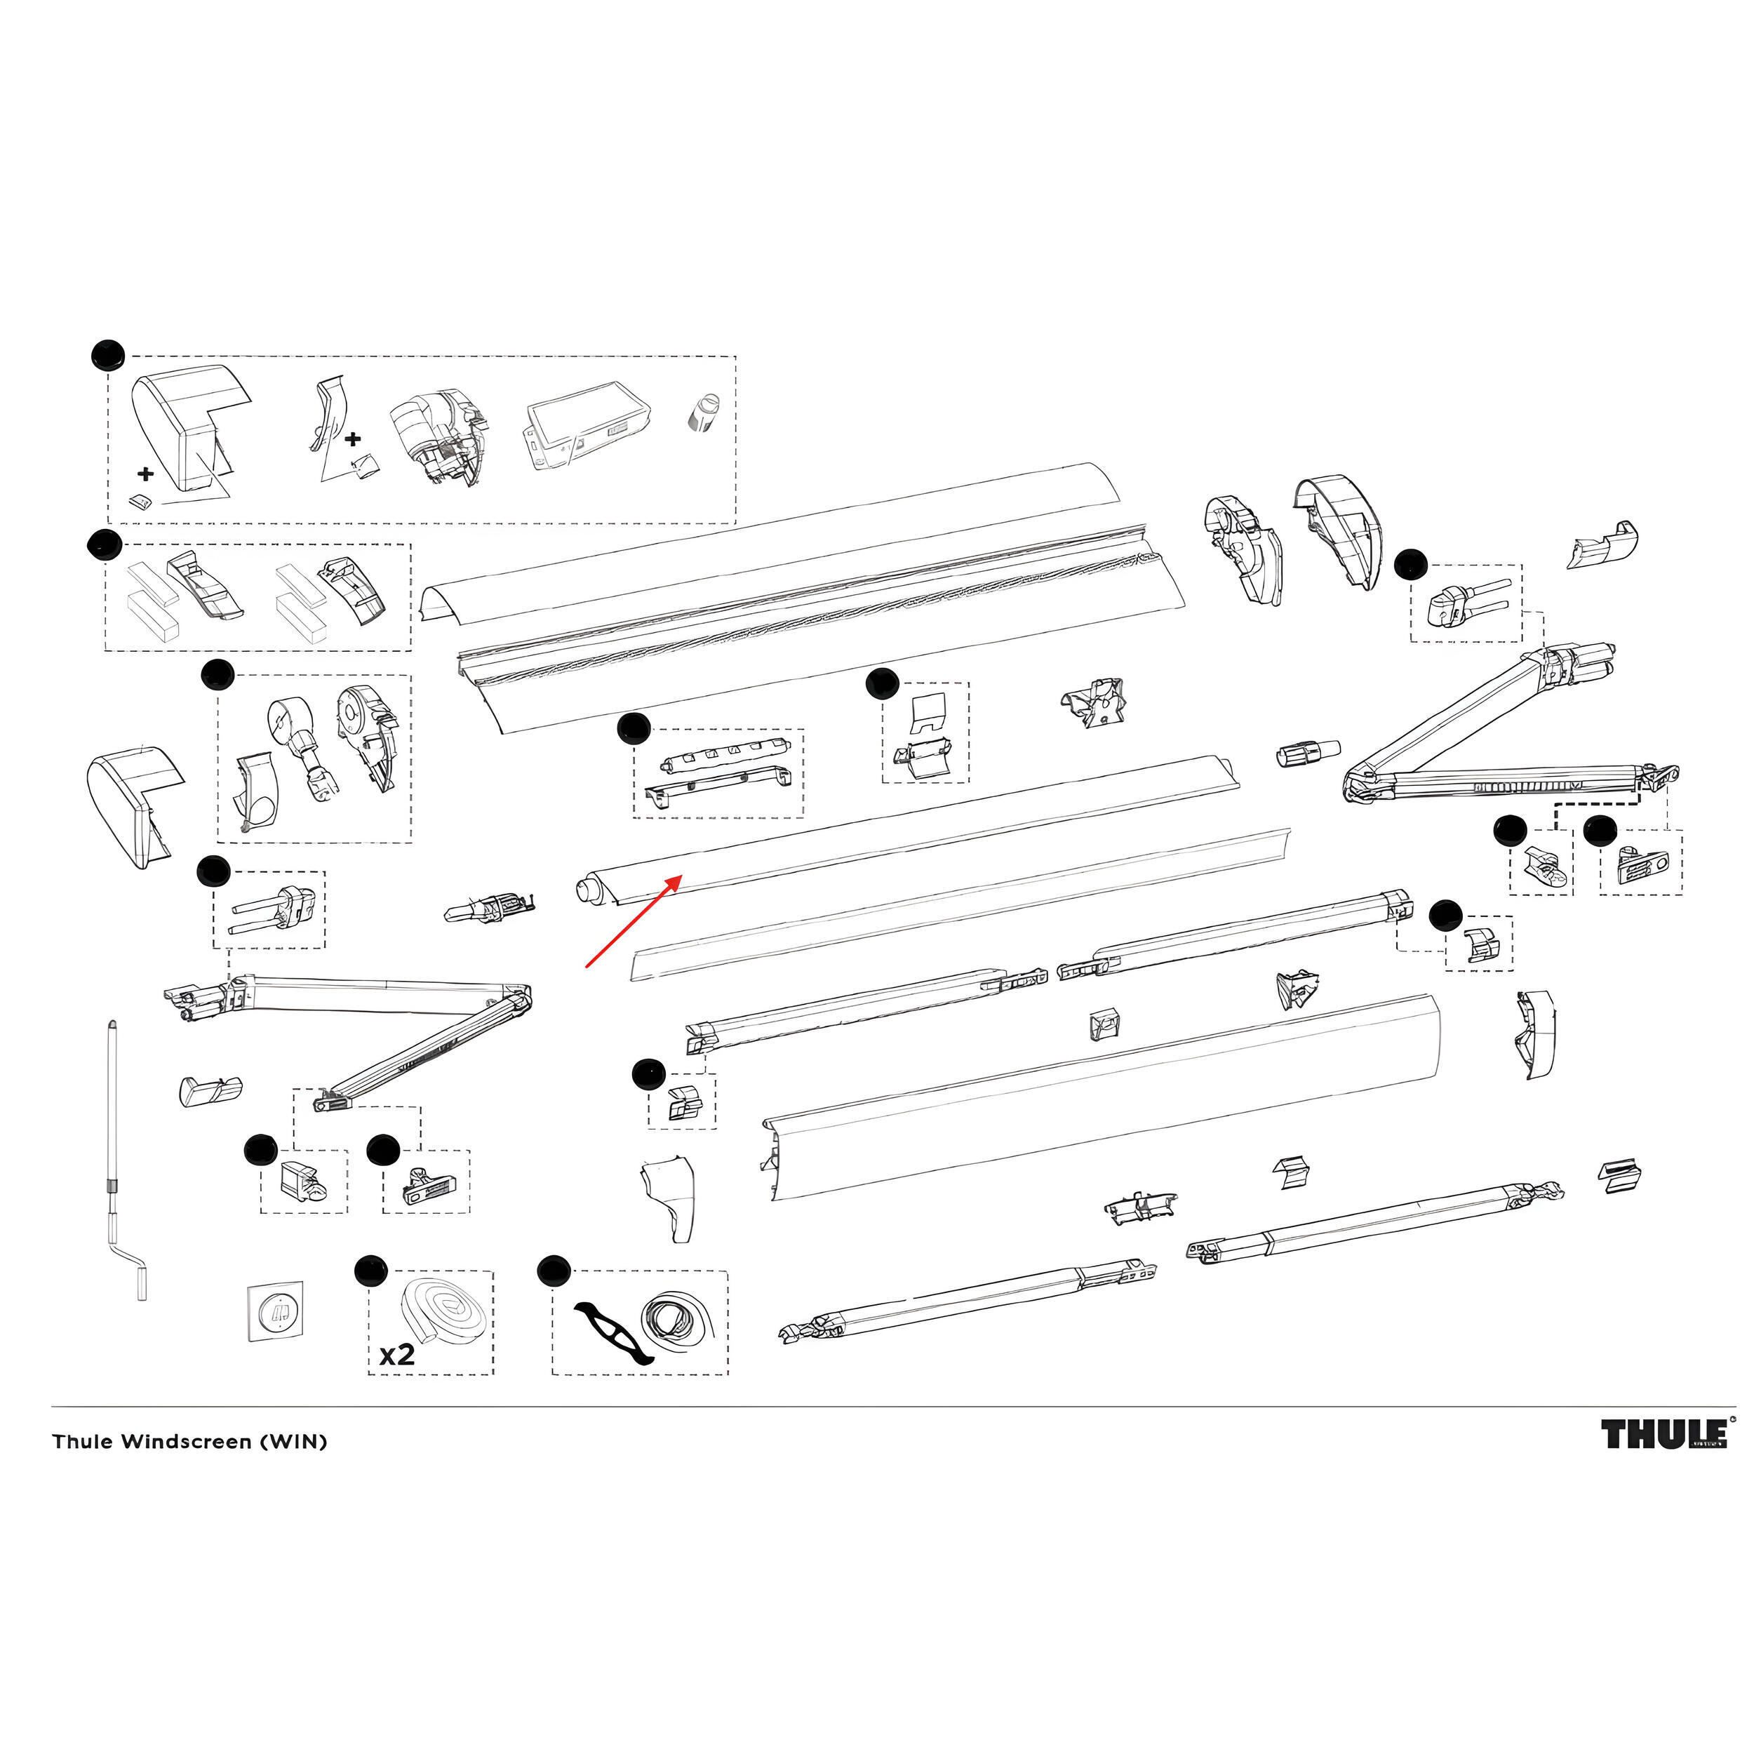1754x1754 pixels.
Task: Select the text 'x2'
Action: tap(396, 1355)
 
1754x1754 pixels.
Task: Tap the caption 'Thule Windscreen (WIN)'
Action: tap(189, 1442)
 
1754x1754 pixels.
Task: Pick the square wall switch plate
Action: tap(276, 1311)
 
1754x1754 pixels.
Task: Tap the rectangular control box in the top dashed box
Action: tap(589, 425)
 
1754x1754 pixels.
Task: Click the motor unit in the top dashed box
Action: tap(438, 435)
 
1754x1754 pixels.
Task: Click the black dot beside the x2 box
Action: tap(370, 1271)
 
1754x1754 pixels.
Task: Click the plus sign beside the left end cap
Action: tap(145, 473)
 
